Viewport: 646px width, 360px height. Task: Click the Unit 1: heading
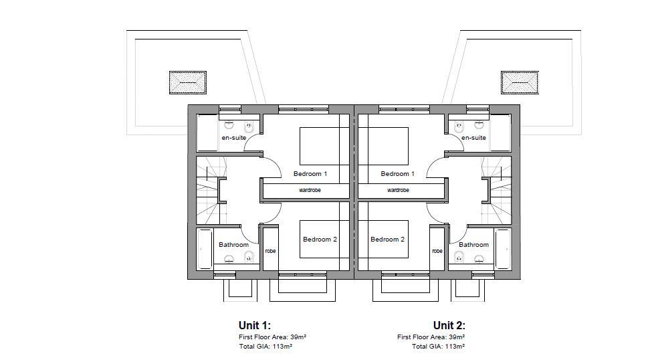point(255,325)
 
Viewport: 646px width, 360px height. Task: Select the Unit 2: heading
point(449,325)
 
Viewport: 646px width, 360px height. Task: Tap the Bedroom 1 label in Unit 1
point(310,173)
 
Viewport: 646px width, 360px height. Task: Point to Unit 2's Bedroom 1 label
point(398,173)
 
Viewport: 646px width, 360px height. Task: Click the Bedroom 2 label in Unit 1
point(320,239)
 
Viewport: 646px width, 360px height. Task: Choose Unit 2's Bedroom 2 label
point(387,239)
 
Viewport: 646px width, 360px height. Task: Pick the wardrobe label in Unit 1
point(310,190)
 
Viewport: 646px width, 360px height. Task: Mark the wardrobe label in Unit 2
point(398,190)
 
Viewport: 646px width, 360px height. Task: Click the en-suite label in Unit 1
point(234,138)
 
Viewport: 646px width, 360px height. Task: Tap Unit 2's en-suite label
point(473,138)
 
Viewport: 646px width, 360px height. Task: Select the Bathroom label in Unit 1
point(233,244)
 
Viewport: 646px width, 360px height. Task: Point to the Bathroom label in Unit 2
point(473,244)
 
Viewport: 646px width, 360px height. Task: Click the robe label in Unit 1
point(270,251)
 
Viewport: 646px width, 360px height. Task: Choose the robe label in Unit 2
point(437,251)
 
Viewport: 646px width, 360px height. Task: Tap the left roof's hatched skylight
point(188,82)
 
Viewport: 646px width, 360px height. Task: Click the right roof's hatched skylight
point(520,82)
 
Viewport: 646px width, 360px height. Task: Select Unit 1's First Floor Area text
point(272,337)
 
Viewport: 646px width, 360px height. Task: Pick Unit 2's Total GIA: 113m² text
point(439,347)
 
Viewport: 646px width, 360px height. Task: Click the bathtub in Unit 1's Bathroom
point(205,249)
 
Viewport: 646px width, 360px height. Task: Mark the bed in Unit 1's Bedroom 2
point(324,239)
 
